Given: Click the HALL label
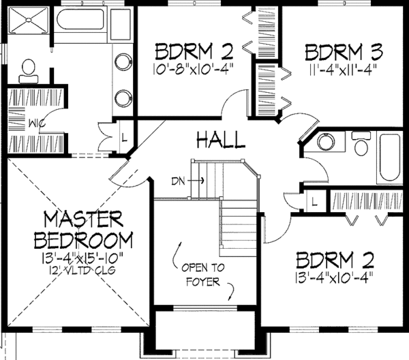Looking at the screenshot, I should tap(220, 141).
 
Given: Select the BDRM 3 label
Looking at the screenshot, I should tap(344, 52).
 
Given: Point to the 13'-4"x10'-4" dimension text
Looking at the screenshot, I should tap(333, 277).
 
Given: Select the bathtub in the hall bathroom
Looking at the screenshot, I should tap(391, 156).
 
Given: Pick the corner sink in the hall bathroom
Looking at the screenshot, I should tap(324, 145).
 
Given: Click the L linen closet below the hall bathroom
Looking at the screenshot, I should tap(314, 202).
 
